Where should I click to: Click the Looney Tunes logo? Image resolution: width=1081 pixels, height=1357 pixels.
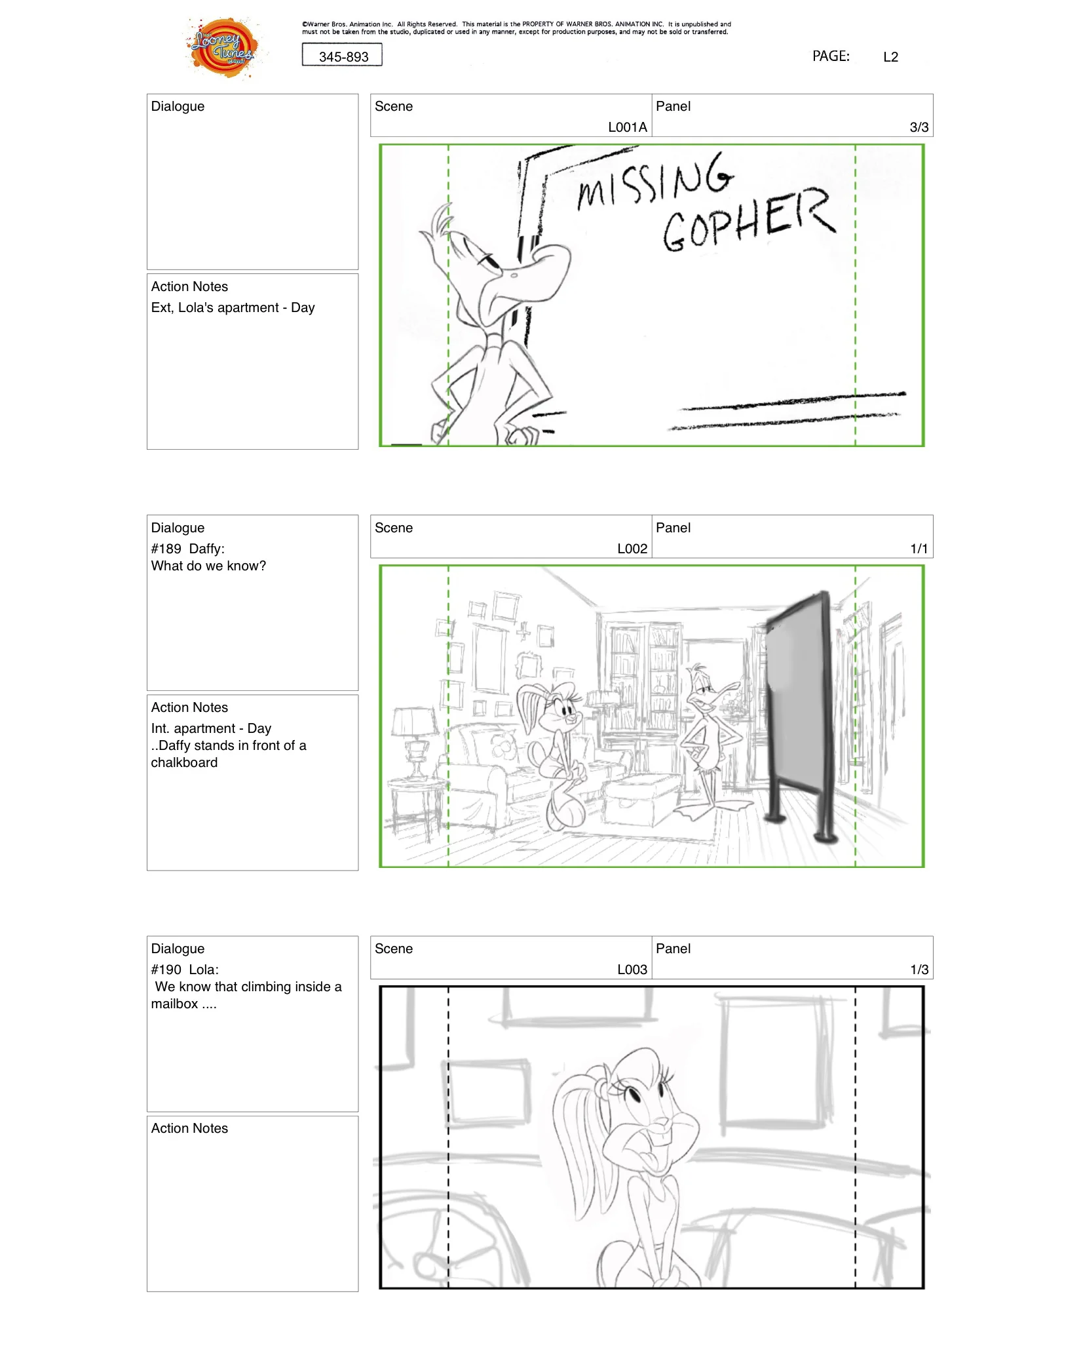tap(223, 47)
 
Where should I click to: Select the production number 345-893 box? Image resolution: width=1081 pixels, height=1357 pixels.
tap(342, 56)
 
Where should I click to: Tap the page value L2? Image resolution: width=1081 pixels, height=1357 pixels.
tap(890, 57)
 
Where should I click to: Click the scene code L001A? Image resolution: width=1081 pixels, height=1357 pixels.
tap(627, 127)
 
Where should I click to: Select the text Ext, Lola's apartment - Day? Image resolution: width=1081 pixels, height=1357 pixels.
tap(233, 307)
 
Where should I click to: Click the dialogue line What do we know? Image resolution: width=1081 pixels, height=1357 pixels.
tap(208, 566)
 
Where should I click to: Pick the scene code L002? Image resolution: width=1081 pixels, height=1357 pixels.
tap(632, 549)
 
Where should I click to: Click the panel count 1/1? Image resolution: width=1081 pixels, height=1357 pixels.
tap(919, 549)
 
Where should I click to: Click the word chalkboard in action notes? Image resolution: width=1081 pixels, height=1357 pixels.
tap(184, 762)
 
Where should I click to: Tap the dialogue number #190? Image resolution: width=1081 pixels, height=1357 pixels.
tap(166, 970)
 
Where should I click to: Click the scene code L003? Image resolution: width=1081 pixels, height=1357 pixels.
tap(632, 970)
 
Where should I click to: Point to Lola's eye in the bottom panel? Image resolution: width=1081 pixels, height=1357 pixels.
tap(634, 1095)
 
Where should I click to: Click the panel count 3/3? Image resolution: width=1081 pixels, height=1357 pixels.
tap(919, 127)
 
